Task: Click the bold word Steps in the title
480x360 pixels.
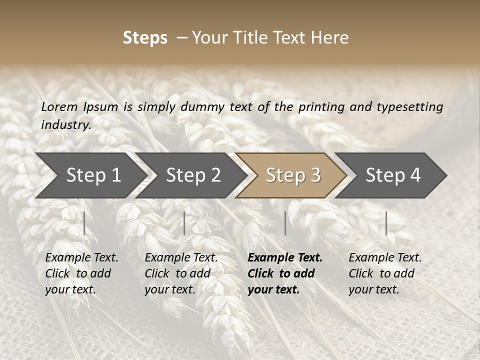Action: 145,38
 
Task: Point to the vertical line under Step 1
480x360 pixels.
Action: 84,223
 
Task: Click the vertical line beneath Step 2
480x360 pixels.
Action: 184,223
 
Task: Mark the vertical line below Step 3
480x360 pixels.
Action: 285,223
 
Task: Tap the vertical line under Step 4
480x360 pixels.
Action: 386,223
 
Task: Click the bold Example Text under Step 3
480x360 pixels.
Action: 285,273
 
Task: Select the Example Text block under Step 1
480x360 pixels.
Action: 81,273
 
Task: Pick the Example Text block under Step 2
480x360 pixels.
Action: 181,273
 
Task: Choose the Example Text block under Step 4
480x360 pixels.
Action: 385,273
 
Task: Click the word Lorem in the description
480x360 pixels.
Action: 59,107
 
